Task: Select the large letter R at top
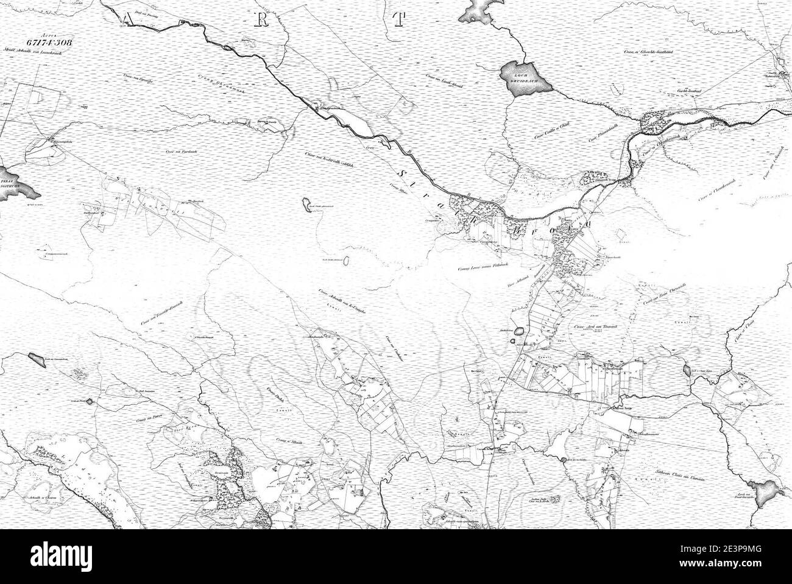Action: (260, 19)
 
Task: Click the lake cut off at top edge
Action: (481, 9)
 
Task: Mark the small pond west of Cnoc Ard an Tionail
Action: (519, 332)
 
